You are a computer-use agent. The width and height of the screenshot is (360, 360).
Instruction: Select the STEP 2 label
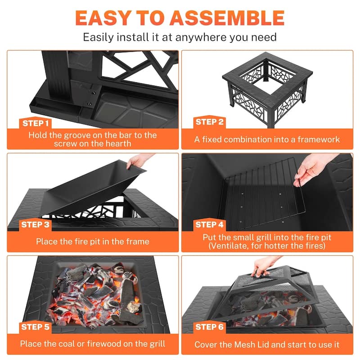[x=209, y=122]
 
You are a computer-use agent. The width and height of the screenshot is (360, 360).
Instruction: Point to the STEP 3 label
[x=36, y=224]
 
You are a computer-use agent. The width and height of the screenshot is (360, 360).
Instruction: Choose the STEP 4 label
[x=209, y=224]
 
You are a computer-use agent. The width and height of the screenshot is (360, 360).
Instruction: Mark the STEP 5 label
[x=36, y=327]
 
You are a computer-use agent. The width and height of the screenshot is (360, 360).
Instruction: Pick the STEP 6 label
[x=209, y=327]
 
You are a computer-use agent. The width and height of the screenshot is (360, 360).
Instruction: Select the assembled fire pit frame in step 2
[x=268, y=90]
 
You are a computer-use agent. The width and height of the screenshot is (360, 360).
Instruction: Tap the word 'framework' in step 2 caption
[x=317, y=139]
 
